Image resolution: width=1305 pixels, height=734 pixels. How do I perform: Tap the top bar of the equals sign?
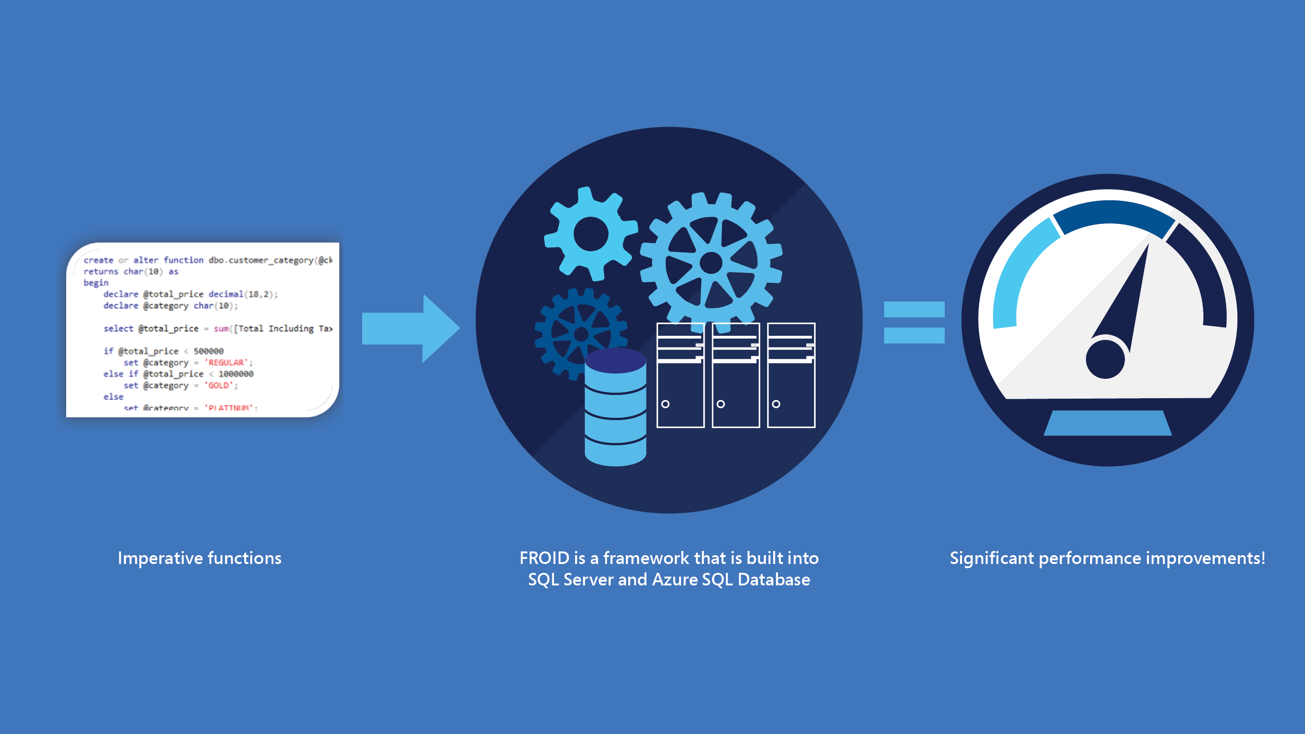[914, 309]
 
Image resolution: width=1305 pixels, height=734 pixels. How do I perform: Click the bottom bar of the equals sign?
[914, 336]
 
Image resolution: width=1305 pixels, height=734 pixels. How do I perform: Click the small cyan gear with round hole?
[591, 234]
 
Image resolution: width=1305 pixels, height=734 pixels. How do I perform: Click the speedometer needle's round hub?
[1105, 359]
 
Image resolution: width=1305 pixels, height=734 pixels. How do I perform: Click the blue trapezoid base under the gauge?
[1107, 423]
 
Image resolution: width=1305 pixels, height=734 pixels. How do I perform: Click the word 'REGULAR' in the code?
[226, 362]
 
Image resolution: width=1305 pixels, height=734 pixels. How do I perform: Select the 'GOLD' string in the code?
[219, 385]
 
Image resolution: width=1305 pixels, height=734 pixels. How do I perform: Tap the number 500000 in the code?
[208, 351]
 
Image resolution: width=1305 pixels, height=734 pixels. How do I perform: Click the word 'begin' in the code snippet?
[96, 282]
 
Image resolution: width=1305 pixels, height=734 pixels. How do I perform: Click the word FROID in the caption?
[544, 558]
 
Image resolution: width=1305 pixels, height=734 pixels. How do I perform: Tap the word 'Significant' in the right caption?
[991, 558]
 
